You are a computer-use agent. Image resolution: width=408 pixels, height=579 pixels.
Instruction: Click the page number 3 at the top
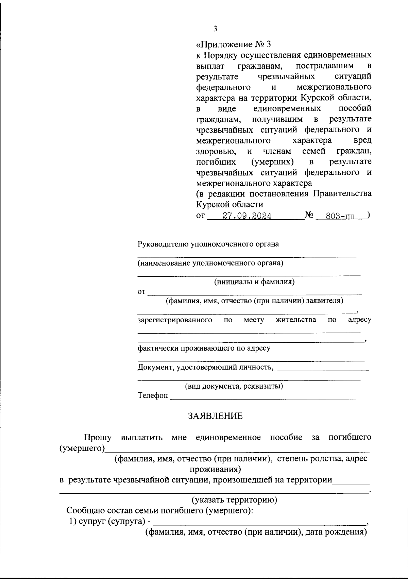pos(215,29)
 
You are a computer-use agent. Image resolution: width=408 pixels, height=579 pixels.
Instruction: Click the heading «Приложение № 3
pos(234,45)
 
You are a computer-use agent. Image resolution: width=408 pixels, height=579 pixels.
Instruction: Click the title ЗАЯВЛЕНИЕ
pos(216,416)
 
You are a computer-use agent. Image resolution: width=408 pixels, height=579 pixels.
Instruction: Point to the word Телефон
pos(153,395)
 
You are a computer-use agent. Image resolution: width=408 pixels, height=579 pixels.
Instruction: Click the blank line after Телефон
pos(262,396)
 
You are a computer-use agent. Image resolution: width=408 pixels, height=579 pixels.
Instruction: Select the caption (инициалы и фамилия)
pos(254,282)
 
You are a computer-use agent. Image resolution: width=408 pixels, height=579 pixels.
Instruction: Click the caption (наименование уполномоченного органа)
pos(210,263)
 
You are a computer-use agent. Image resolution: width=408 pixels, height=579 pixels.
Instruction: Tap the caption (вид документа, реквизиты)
pos(234,386)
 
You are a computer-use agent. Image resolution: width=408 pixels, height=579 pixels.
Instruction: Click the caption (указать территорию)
pos(234,500)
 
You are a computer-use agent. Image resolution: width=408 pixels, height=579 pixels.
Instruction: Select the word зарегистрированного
pos(175,320)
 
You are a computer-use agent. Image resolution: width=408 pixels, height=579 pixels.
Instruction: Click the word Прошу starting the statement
pos(98,437)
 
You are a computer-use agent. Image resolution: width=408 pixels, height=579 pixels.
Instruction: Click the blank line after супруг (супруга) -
pos(258,523)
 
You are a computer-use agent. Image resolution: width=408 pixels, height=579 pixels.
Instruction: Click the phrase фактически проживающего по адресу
pos(204,348)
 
